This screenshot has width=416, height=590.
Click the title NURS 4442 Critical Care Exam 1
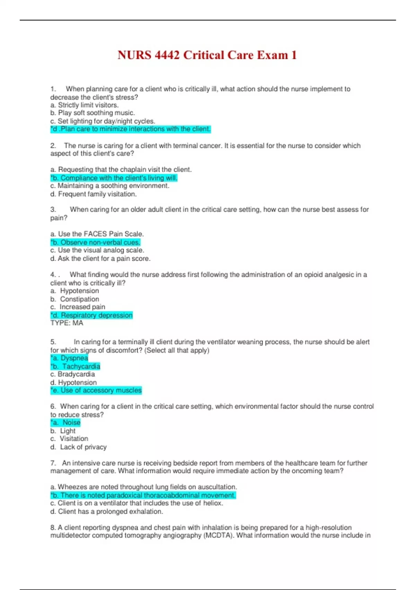click(x=207, y=55)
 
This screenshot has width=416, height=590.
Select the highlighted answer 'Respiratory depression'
click(x=92, y=315)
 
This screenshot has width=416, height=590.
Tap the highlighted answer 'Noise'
click(x=66, y=422)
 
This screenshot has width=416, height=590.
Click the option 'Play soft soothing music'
click(x=93, y=113)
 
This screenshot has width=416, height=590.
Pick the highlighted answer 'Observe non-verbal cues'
click(x=95, y=242)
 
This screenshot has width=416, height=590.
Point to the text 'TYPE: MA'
click(x=67, y=323)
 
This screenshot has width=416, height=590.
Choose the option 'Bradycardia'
click(x=72, y=374)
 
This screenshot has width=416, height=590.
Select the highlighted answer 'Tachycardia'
click(x=75, y=366)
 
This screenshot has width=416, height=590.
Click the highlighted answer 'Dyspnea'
click(x=69, y=358)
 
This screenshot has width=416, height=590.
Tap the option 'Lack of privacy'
click(x=79, y=447)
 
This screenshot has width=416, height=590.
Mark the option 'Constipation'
click(x=75, y=299)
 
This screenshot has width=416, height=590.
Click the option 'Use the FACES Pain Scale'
click(x=97, y=234)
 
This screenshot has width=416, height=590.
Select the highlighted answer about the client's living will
click(x=114, y=178)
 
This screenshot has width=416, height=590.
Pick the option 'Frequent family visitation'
click(x=94, y=194)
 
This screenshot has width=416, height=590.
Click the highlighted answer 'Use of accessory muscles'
click(x=96, y=390)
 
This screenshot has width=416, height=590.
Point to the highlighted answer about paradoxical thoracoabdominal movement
click(x=143, y=495)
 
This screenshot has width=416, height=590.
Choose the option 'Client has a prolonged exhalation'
click(x=107, y=512)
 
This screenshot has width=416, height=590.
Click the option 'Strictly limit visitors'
click(x=85, y=105)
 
